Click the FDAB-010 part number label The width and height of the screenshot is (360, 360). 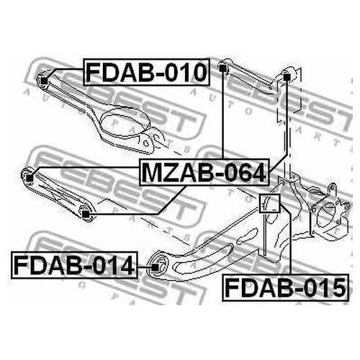point(147,72)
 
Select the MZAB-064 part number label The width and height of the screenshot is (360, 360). point(204,172)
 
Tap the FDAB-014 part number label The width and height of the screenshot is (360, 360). point(74,265)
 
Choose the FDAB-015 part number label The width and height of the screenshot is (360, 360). point(286,287)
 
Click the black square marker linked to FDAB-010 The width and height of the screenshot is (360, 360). point(44,81)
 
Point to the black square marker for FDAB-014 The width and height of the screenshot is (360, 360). point(156,267)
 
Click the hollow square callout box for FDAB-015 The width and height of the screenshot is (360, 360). point(270,204)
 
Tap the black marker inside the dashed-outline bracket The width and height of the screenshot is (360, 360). point(287,77)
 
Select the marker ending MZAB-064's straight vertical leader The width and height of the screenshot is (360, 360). point(223,68)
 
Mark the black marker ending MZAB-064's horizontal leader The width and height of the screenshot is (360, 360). point(30,178)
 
